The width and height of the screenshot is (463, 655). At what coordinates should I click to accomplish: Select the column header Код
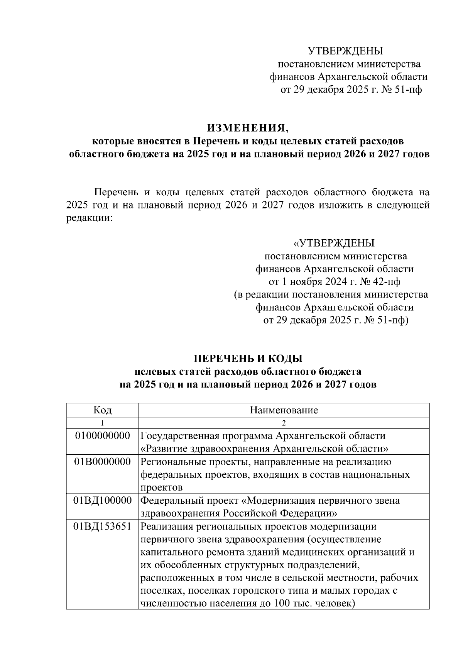coord(102,410)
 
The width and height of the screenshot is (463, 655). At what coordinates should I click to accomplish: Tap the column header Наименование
coord(284,410)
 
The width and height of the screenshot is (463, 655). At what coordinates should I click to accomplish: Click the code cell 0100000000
coord(102,436)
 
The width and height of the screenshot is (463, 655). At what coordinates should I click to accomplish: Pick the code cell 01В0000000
coord(102,462)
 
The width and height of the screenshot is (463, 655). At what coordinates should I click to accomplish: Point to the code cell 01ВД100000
coord(102,501)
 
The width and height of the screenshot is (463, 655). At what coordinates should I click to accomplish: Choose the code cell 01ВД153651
coord(102,526)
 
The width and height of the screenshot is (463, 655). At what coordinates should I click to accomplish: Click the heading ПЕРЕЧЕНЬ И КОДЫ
coord(248,359)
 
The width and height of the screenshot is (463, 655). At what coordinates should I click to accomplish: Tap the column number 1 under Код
coord(102,423)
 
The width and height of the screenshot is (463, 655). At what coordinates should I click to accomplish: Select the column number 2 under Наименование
coord(284,423)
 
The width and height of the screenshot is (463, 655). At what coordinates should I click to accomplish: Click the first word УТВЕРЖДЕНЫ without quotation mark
coord(345,51)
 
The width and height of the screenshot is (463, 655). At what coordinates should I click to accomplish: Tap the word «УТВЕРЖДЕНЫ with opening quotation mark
coord(334,244)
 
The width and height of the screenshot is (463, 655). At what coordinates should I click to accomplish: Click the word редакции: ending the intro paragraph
coord(89,218)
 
